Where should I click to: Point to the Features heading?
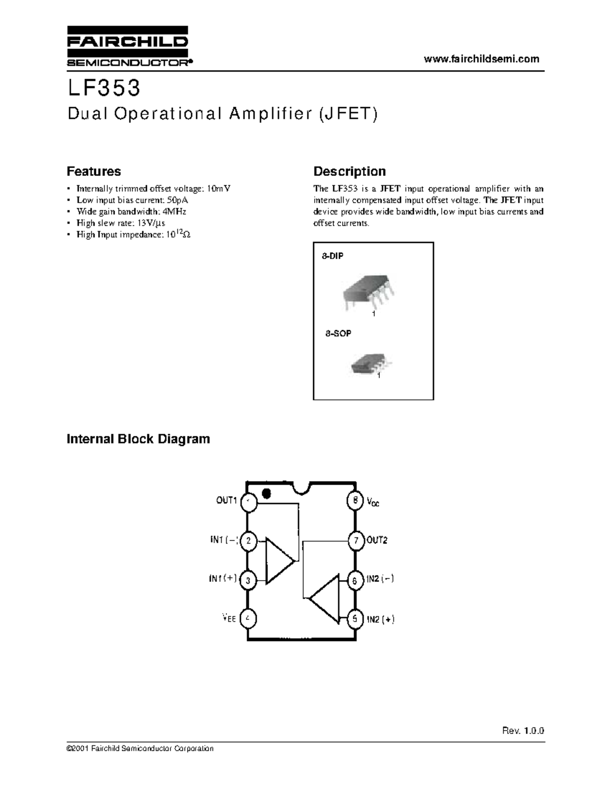tap(94, 171)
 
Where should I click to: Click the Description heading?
tap(349, 171)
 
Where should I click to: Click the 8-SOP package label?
tap(338, 334)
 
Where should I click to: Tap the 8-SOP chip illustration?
tap(370, 363)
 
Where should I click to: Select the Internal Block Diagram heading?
tap(138, 438)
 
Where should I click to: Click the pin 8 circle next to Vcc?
tap(355, 500)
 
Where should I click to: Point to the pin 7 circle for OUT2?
tap(355, 541)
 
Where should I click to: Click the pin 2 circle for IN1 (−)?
tap(248, 541)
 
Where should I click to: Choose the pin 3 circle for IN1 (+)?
tap(248, 580)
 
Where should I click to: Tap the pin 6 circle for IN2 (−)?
tap(355, 580)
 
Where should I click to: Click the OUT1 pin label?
tap(227, 500)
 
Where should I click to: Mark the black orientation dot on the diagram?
tap(266, 493)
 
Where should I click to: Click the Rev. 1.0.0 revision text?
tap(523, 731)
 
